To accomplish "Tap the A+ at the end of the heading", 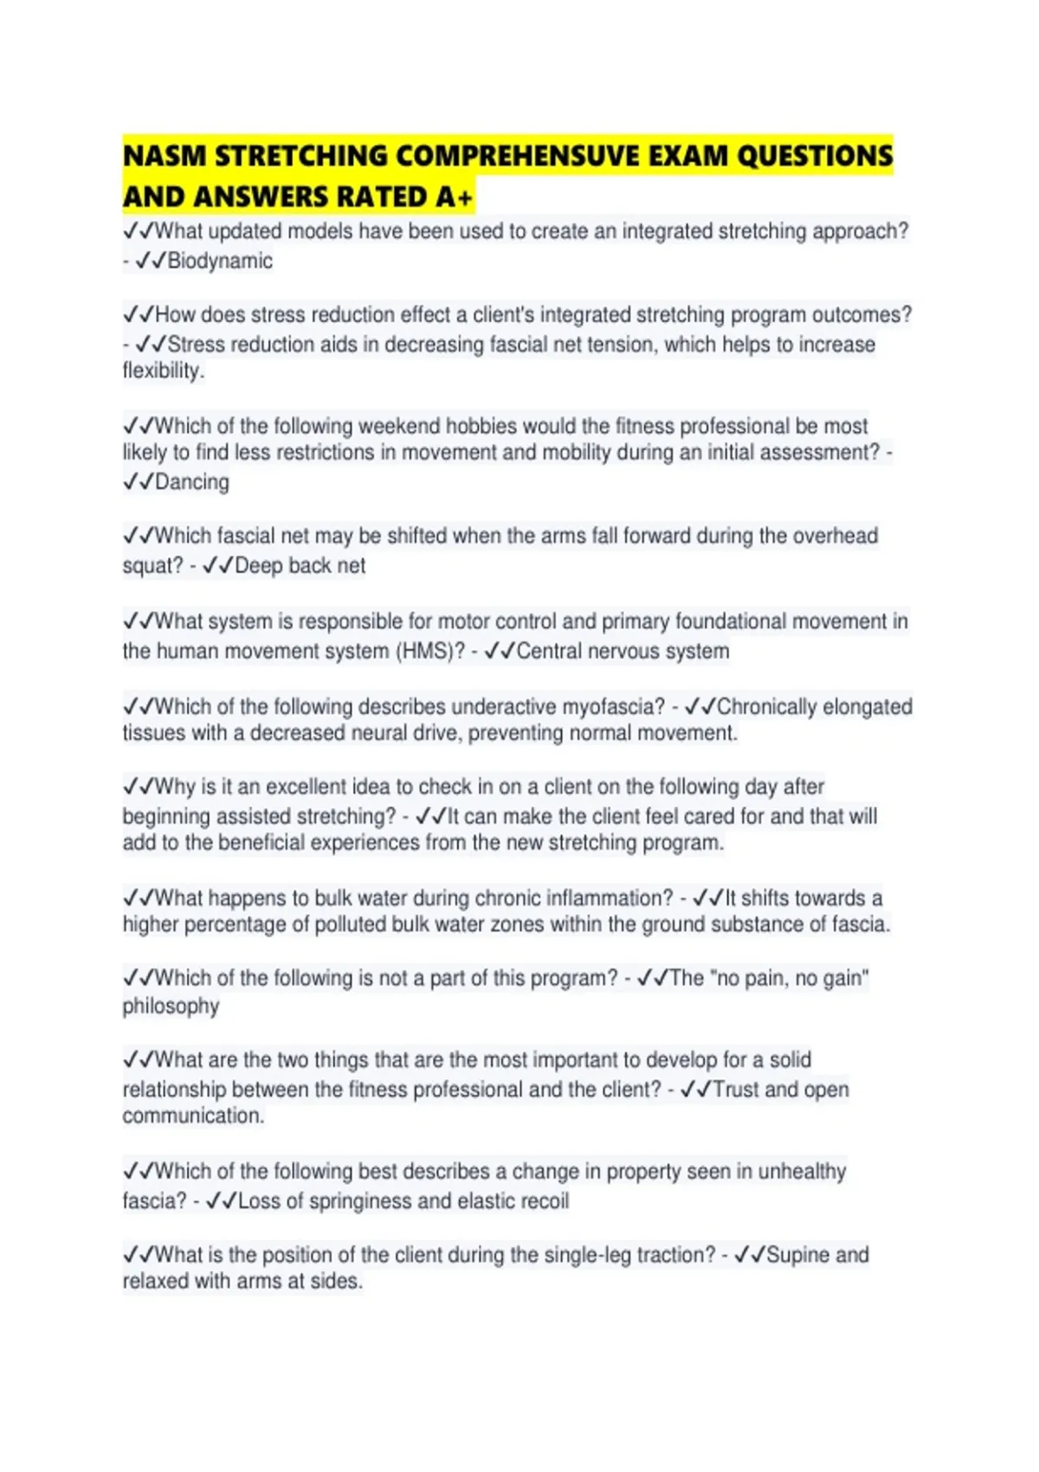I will tap(454, 197).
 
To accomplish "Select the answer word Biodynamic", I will tap(220, 261).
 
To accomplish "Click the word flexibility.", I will tap(162, 371).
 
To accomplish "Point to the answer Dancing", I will tap(191, 481).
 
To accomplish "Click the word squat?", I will tap(152, 565).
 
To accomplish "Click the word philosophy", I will tap(171, 1006).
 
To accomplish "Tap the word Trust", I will tap(735, 1089).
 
